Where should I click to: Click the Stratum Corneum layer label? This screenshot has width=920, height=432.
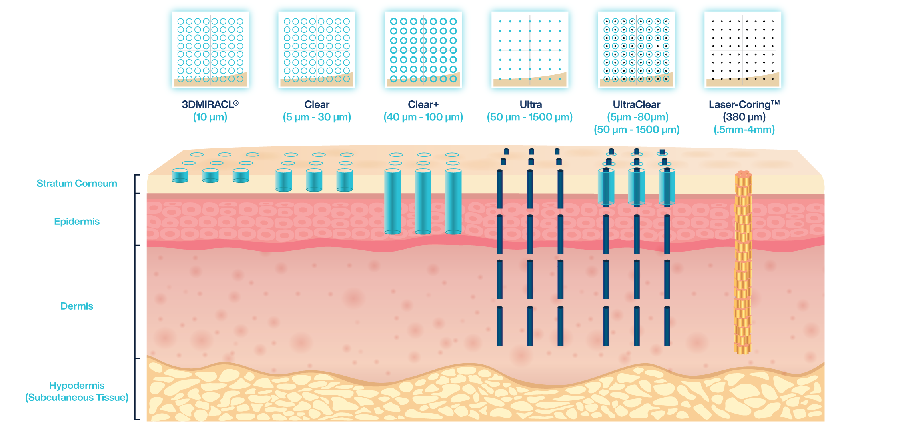tap(77, 184)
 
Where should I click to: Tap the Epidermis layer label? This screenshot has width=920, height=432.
tap(77, 222)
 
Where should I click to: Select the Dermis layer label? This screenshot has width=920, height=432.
tap(77, 306)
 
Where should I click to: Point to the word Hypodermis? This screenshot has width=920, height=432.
tap(77, 386)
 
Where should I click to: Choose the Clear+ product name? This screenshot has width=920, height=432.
tap(423, 105)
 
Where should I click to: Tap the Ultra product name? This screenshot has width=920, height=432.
tap(531, 105)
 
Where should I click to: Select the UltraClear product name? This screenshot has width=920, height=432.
tap(636, 105)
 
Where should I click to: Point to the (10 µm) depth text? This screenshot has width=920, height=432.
tap(210, 117)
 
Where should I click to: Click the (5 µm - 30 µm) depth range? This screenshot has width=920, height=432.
tap(317, 117)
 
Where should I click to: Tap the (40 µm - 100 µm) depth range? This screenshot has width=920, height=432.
tap(423, 117)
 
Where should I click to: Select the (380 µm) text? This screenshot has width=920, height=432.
tap(744, 117)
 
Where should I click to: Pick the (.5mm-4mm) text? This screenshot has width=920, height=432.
tap(744, 130)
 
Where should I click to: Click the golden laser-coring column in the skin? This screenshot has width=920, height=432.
tap(743, 264)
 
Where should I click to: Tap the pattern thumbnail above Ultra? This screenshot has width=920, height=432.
tap(530, 50)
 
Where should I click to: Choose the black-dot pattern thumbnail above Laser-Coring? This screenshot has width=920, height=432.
tap(743, 50)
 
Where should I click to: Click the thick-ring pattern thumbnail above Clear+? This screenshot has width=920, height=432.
tap(423, 50)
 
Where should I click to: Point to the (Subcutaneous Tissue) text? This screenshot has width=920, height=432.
tap(77, 398)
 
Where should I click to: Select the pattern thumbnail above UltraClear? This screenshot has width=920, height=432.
tap(636, 50)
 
